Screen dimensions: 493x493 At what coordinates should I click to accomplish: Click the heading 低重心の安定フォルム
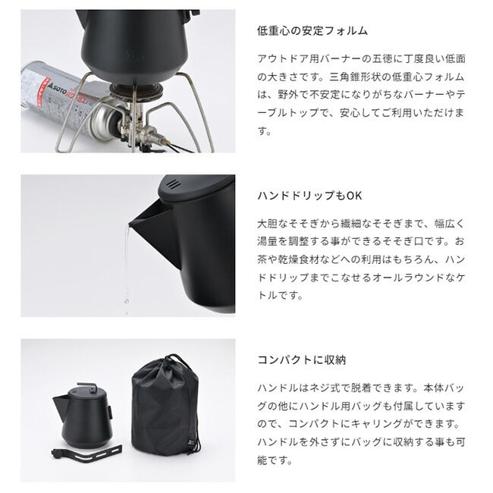click(x=313, y=31)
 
